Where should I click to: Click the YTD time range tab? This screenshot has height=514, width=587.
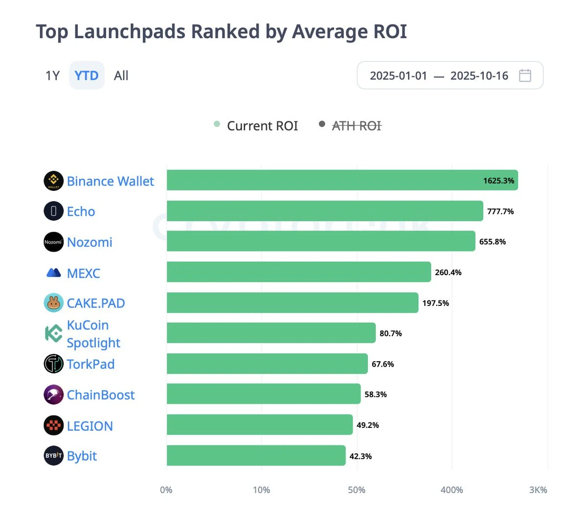click(87, 75)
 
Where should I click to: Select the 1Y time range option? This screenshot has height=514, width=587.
click(52, 75)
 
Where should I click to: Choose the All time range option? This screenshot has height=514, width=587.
click(121, 75)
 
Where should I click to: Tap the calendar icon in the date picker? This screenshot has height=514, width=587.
click(525, 75)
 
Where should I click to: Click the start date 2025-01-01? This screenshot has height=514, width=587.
click(398, 75)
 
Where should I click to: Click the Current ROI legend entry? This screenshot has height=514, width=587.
click(262, 126)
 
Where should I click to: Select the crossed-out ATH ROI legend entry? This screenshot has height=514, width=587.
click(356, 126)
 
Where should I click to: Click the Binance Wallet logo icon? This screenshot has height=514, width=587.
click(53, 181)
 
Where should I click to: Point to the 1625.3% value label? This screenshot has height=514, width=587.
click(498, 181)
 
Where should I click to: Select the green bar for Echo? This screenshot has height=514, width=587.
click(324, 211)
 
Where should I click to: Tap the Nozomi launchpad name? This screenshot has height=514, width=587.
click(90, 242)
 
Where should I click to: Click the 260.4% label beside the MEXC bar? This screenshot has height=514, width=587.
click(448, 272)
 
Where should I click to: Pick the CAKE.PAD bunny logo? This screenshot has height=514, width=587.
click(53, 303)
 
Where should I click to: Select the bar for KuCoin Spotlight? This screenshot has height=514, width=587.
click(271, 333)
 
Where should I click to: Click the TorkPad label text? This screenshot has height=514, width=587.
click(90, 364)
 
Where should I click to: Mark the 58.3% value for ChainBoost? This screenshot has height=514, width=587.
click(376, 394)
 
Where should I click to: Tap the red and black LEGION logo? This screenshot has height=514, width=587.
click(53, 425)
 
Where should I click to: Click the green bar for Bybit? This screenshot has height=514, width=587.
click(256, 456)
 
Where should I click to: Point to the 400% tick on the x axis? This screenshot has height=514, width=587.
click(452, 490)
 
